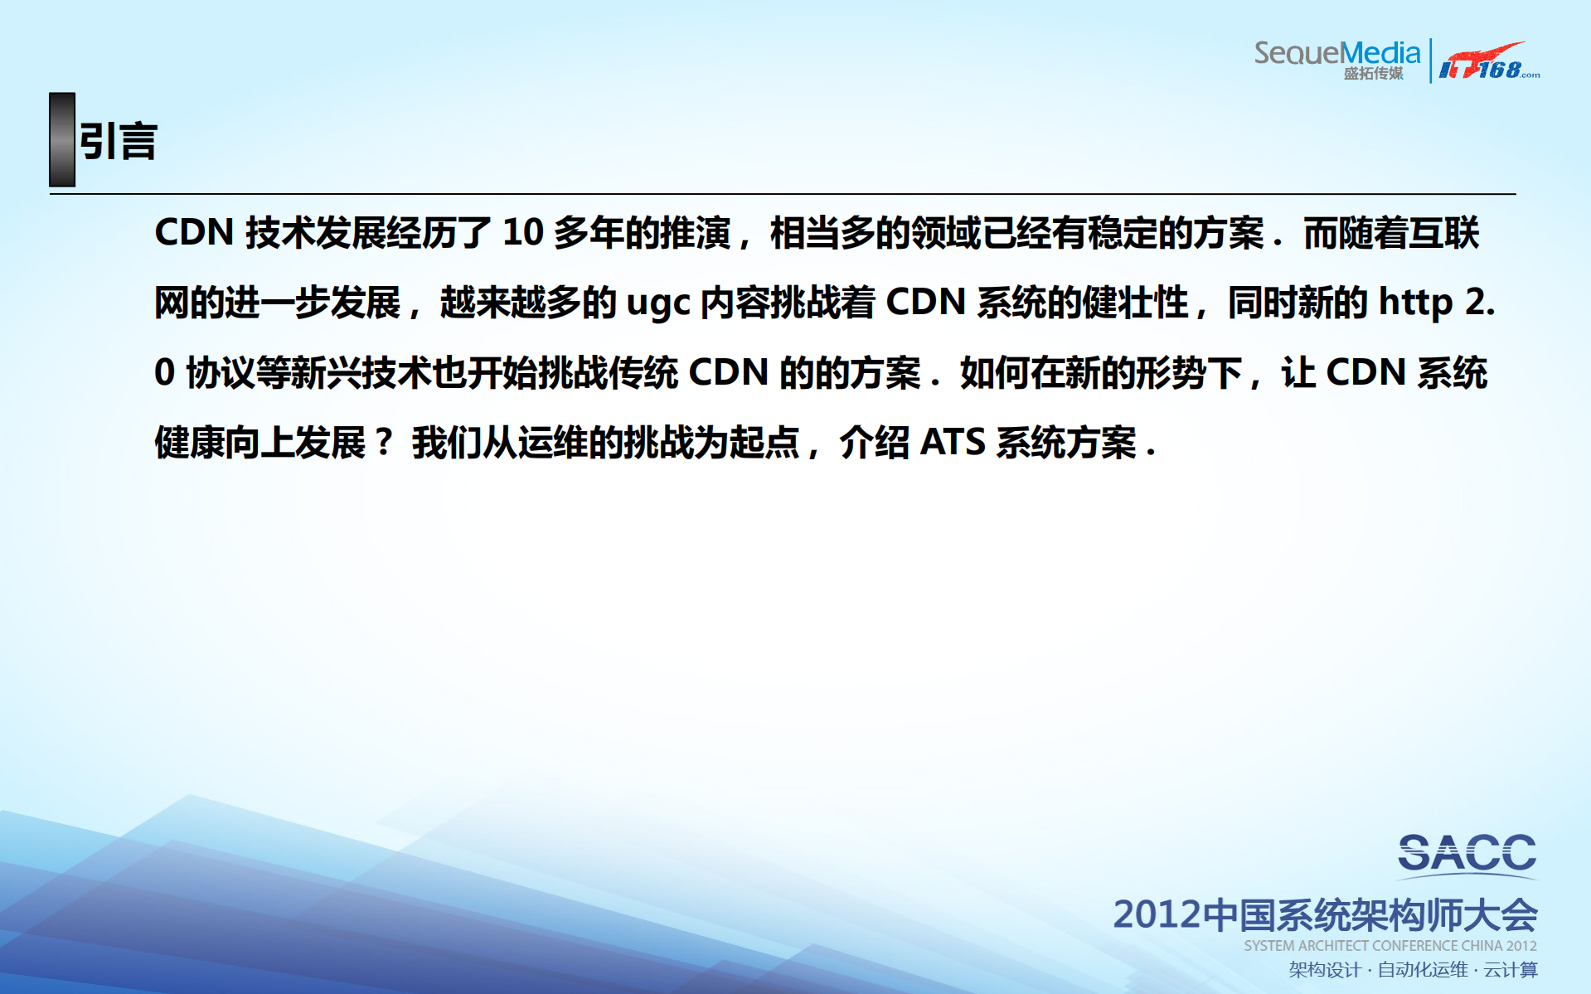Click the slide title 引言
pos(118,141)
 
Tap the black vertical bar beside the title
pos(62,139)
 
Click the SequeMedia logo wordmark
pos(1336,53)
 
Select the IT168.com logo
pos(1488,62)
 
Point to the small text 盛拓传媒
pos(1373,74)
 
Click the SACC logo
pos(1467,854)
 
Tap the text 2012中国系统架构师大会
pos(1324,914)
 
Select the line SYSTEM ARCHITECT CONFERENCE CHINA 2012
pos(1390,946)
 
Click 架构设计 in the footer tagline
pos(1324,970)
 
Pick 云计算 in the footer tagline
pos(1510,970)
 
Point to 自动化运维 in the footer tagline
pos(1422,970)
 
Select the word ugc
pos(658,303)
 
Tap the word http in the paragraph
pos(1415,303)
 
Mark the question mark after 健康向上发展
pos(383,443)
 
